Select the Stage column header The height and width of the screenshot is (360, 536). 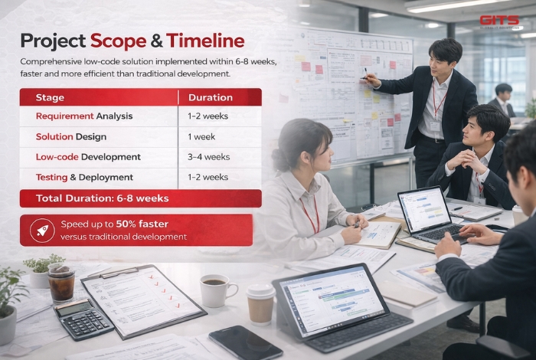tap(51, 97)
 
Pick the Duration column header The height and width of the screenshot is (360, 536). tap(210, 97)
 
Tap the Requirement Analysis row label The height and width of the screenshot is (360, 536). tap(84, 116)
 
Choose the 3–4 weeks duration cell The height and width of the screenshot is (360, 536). tap(208, 157)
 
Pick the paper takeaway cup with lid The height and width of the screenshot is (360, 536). tap(260, 303)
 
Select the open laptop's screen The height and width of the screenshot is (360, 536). tap(424, 210)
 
